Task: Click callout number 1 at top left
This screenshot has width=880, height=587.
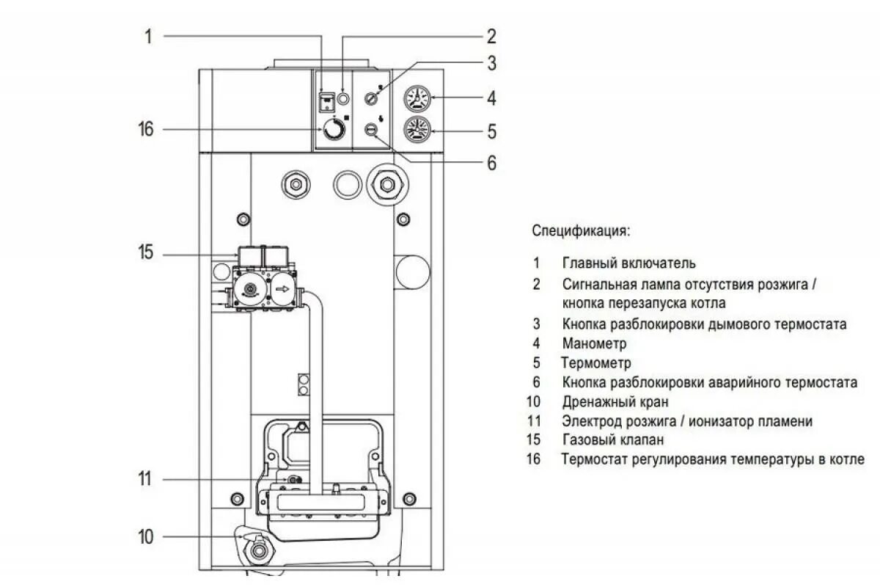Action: pyautogui.click(x=148, y=36)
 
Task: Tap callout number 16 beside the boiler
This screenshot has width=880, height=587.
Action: pyautogui.click(x=146, y=130)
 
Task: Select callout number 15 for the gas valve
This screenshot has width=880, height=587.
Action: pyautogui.click(x=146, y=254)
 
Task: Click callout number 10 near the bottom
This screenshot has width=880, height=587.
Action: pyautogui.click(x=146, y=537)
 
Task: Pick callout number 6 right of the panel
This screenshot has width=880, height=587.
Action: pyautogui.click(x=491, y=162)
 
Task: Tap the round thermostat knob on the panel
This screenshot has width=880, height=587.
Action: pyautogui.click(x=334, y=131)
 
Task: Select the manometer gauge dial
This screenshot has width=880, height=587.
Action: pyautogui.click(x=416, y=98)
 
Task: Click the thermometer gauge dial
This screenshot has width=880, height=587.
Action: pyautogui.click(x=416, y=130)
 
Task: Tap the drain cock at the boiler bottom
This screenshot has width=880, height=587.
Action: pyautogui.click(x=256, y=549)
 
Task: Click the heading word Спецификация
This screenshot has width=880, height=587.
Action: pyautogui.click(x=581, y=231)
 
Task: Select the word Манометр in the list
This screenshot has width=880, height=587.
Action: pyautogui.click(x=595, y=343)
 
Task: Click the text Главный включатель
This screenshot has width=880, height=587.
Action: pyautogui.click(x=629, y=263)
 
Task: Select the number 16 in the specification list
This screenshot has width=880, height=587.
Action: pyautogui.click(x=533, y=460)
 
